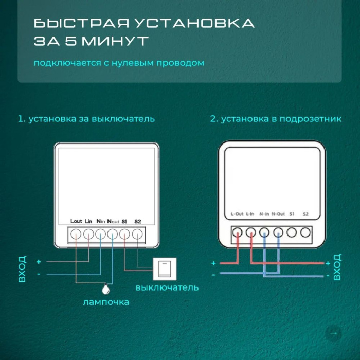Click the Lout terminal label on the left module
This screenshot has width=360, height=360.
pyautogui.click(x=76, y=221)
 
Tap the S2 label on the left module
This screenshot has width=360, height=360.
pyautogui.click(x=137, y=221)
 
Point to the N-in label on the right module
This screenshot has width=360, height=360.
pyautogui.click(x=264, y=213)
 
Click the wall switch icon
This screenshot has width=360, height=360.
pyautogui.click(x=165, y=268)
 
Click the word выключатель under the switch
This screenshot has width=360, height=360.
pyautogui.click(x=167, y=287)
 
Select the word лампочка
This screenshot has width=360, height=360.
pyautogui.click(x=106, y=302)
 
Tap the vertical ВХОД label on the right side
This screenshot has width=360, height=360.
pyautogui.click(x=337, y=266)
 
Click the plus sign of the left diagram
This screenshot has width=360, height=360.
pyautogui.click(x=39, y=262)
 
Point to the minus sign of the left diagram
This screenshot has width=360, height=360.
pyautogui.click(x=39, y=274)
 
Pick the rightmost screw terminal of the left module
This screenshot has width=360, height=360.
pyautogui.click(x=137, y=233)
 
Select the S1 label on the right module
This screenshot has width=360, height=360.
pyautogui.click(x=292, y=213)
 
